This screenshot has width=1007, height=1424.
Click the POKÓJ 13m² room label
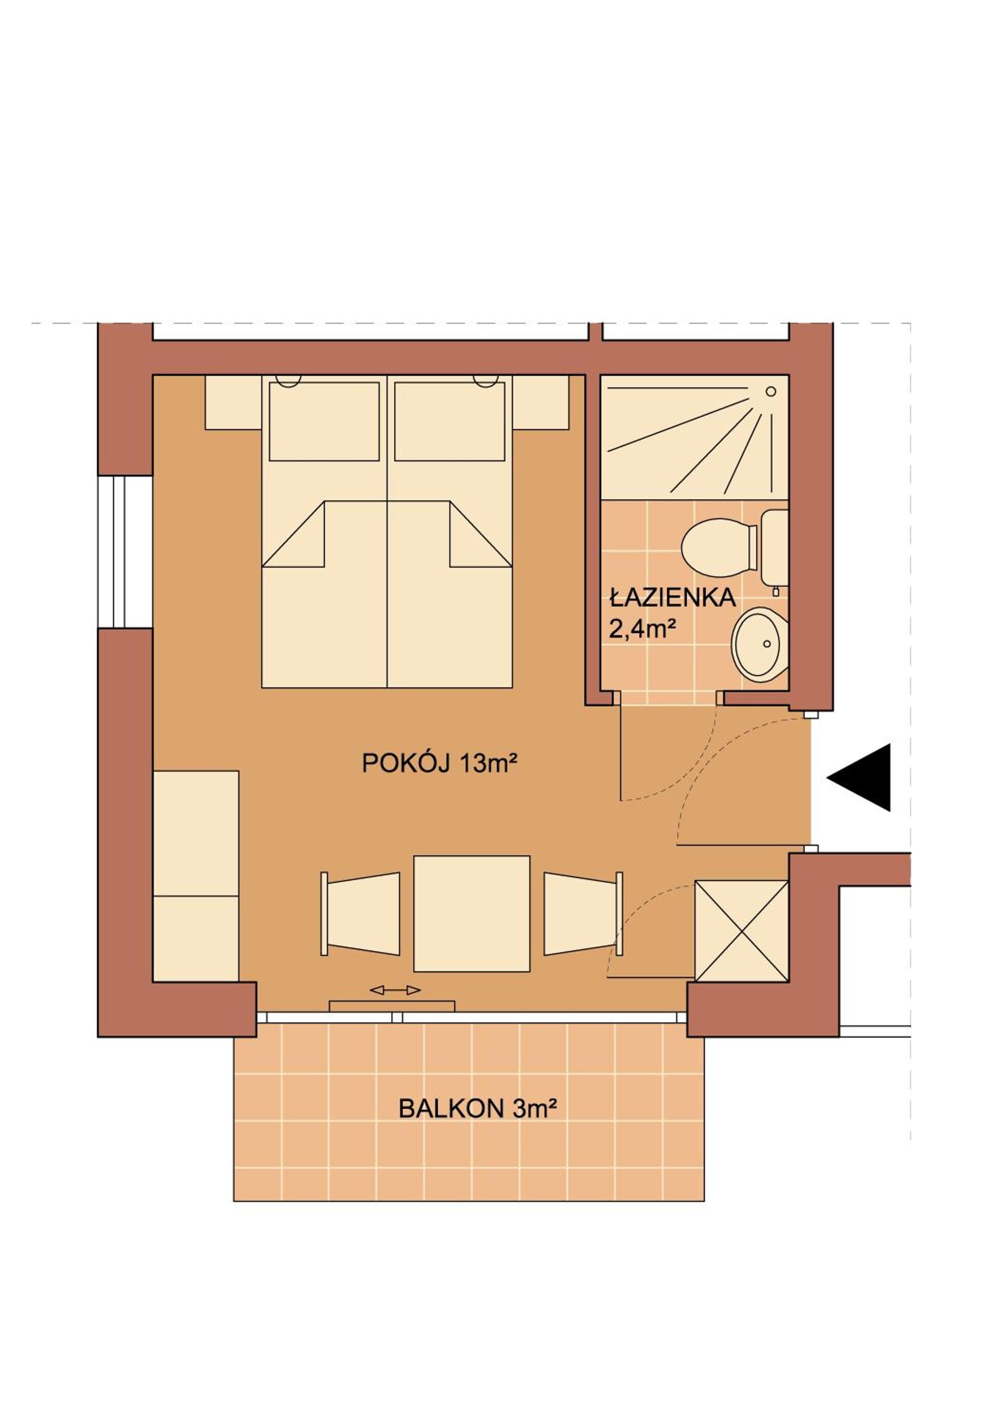click(x=439, y=763)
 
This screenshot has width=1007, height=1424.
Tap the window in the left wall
click(x=125, y=552)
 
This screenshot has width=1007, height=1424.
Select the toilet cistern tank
click(x=774, y=547)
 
